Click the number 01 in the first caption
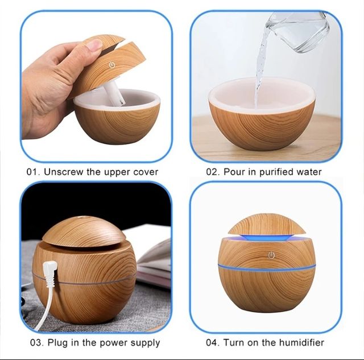pos(32,171)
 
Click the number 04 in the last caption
pos(212,342)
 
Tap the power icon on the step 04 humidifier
pos(271,255)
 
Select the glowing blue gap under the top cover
pos(266,236)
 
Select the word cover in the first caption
pos(146,171)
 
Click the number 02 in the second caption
pos(212,172)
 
